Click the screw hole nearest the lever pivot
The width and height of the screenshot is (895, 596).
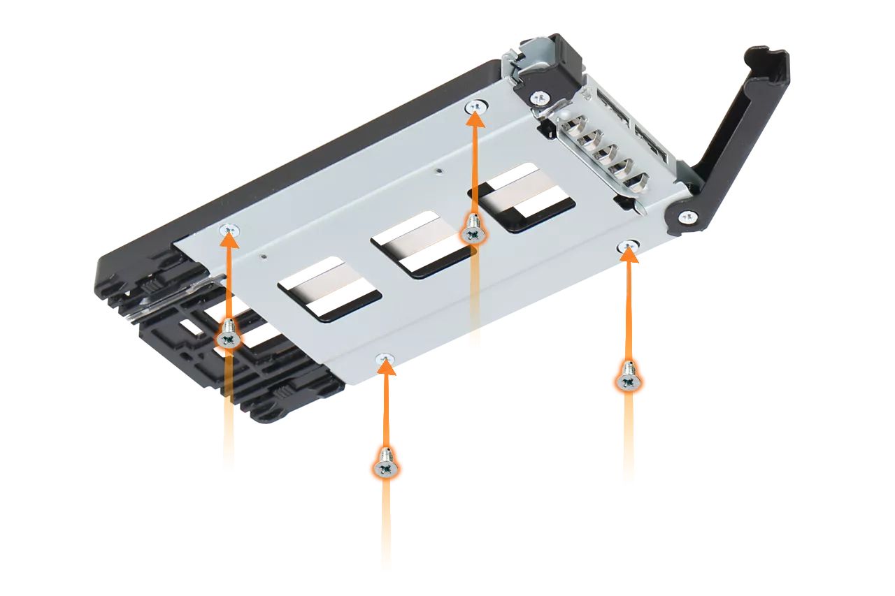629,245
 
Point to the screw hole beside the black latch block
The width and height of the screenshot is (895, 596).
476,106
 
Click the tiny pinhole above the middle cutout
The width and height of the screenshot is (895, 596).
438,168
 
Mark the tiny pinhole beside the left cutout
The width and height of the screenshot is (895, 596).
263,256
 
